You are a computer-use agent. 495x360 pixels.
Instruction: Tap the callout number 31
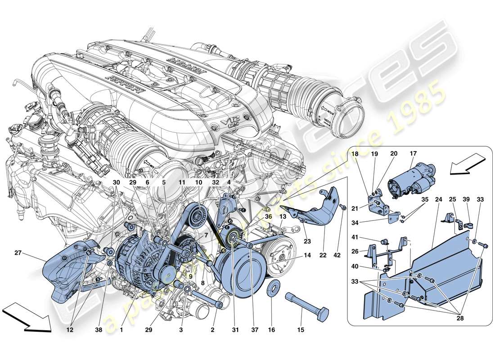(x=234, y=329)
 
